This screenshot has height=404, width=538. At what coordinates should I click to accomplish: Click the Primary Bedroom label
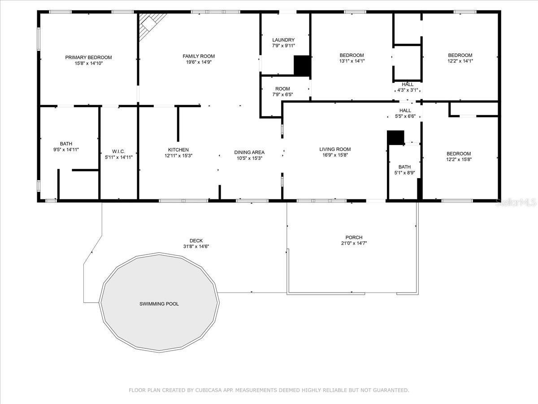pos(88,57)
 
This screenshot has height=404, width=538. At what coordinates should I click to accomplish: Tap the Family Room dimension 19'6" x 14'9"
pos(199,62)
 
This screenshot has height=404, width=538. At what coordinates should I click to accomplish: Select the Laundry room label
pos(283,40)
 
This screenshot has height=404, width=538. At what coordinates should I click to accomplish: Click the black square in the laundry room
pos(302,66)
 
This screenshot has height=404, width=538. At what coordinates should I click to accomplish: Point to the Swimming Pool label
pos(159,304)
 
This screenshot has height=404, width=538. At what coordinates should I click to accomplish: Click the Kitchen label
pos(178,150)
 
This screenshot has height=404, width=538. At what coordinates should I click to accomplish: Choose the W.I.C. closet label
pos(119,151)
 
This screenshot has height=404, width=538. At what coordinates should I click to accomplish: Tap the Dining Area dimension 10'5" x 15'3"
pos(250,158)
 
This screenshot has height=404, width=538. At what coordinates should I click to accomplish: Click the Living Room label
pos(335,149)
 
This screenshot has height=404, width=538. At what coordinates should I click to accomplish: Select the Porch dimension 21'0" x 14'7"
pos(354,243)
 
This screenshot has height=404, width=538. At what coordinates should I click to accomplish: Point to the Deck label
pos(196,241)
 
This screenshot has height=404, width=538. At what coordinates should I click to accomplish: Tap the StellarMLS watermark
pos(516,202)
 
